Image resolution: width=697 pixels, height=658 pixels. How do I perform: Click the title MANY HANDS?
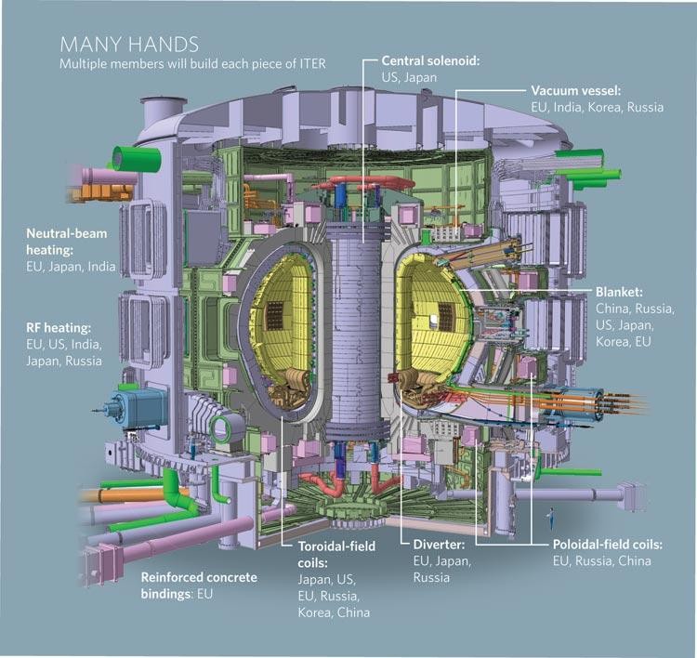click(129, 45)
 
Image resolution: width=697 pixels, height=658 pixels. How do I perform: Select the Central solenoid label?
click(430, 60)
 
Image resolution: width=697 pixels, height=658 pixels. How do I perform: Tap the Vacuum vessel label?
click(575, 91)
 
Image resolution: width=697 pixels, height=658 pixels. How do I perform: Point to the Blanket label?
click(619, 292)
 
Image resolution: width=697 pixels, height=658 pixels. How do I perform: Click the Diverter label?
click(439, 545)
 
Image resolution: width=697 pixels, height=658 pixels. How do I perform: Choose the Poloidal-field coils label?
click(608, 545)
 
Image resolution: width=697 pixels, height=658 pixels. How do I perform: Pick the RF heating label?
click(59, 328)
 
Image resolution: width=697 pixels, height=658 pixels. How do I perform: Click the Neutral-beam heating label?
click(67, 242)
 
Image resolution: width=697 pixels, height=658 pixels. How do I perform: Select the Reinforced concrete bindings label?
click(199, 586)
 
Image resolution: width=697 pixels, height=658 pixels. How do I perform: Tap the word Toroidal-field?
click(336, 546)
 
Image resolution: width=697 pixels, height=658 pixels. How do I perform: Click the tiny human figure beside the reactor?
click(551, 518)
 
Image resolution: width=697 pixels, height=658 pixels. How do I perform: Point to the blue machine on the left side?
click(136, 407)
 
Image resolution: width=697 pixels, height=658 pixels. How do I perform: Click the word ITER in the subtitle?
click(312, 63)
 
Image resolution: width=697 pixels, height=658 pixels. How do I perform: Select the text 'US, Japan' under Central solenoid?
click(409, 77)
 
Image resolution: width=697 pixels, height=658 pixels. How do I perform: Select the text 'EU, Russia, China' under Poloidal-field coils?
click(602, 560)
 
